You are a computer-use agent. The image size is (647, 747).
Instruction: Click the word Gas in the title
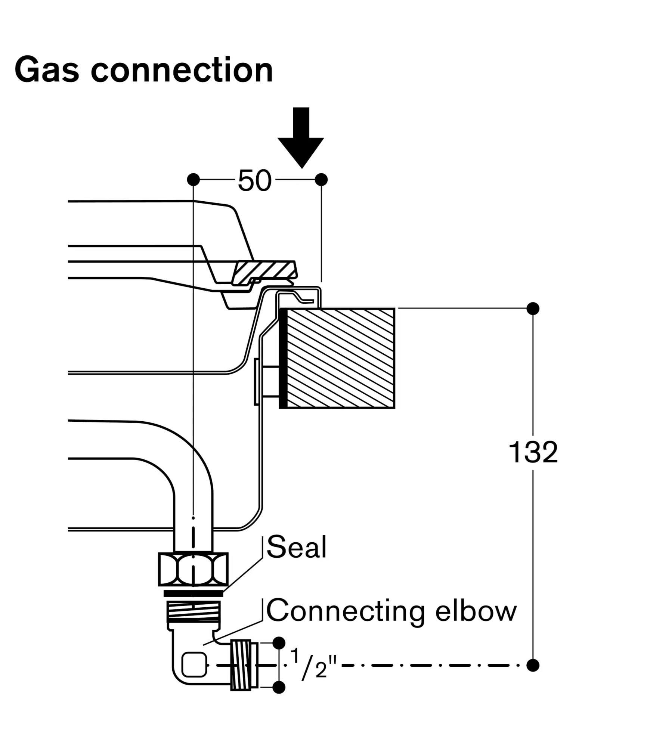47,70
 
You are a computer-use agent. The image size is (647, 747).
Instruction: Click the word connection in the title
182,70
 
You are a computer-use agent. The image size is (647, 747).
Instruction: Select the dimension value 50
255,181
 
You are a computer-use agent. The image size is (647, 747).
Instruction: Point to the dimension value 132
533,453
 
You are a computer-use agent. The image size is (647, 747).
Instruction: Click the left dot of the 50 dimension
193,180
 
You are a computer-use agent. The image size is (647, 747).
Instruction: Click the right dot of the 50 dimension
321,180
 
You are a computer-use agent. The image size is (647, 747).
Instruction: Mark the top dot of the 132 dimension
533,309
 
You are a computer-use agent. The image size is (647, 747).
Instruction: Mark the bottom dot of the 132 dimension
533,665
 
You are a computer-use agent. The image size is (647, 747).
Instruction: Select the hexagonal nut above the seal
193,570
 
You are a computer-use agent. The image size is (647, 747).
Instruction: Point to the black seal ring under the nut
193,593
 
